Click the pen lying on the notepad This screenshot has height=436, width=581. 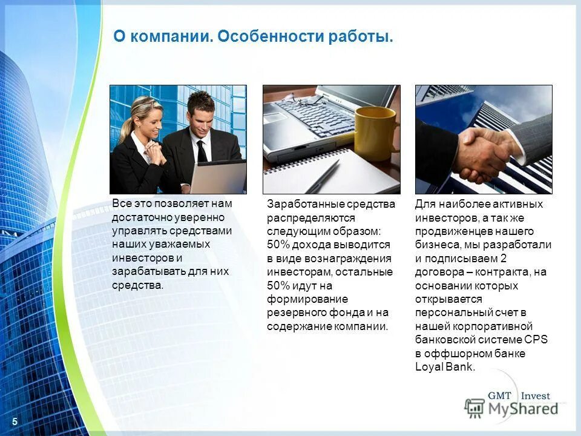(323, 175)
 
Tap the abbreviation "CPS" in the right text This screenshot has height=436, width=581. (535, 340)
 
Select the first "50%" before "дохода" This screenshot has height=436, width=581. (278, 245)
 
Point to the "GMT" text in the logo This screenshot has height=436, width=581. (500, 396)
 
